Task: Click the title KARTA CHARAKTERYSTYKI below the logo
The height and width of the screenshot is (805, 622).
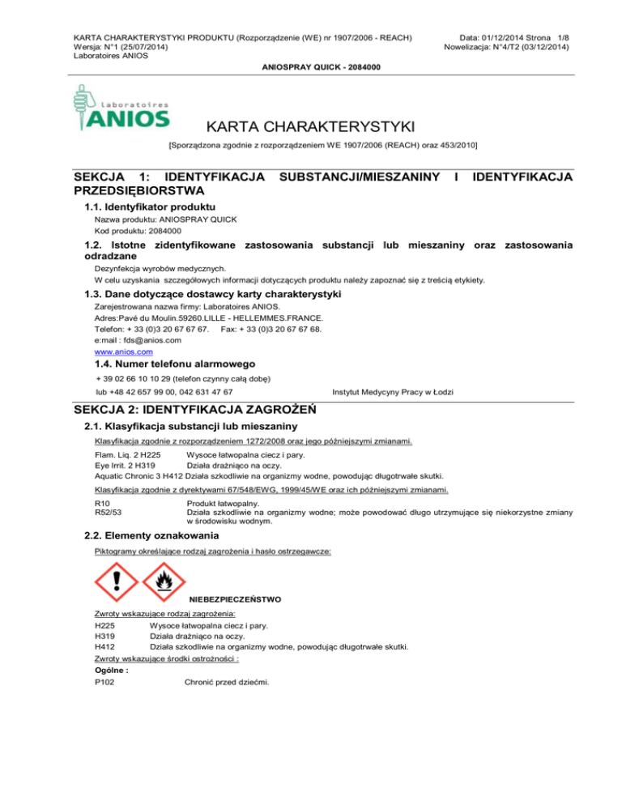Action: coord(311,126)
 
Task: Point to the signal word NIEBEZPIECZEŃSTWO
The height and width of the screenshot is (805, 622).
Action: coord(235,600)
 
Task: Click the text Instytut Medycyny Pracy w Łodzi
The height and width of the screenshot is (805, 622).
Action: coord(393,391)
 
